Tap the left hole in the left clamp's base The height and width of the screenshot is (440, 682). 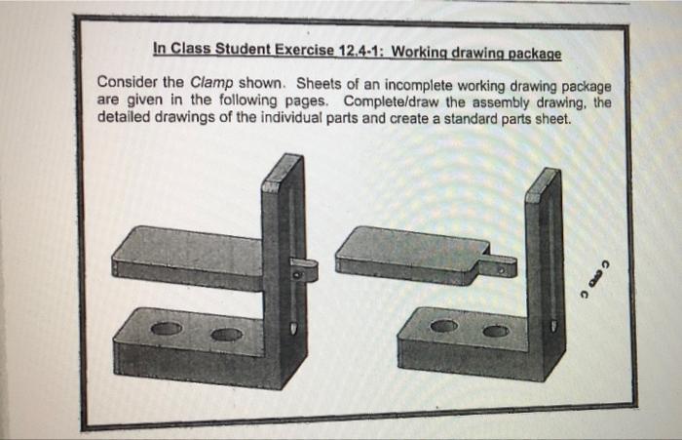click(167, 329)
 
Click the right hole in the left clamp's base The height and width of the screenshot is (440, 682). click(226, 335)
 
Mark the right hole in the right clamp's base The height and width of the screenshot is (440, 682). click(496, 332)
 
